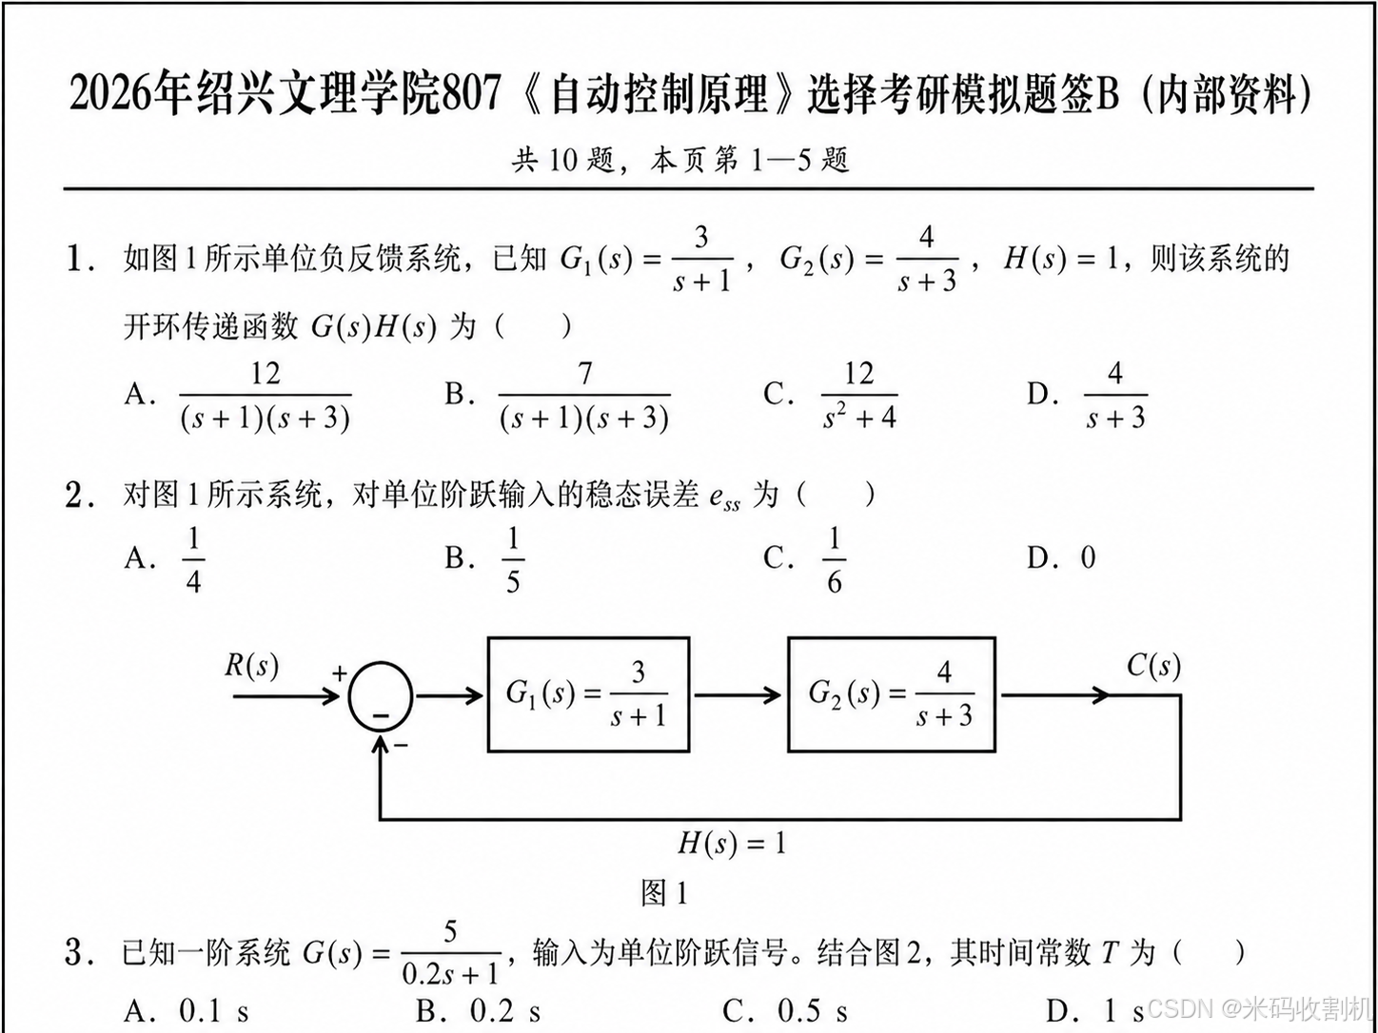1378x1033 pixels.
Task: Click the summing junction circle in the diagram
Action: (381, 696)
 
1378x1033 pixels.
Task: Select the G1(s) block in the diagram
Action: (588, 695)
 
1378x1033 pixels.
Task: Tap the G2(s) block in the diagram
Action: (891, 695)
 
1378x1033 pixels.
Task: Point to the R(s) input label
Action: (251, 666)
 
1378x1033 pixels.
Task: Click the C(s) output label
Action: (1153, 666)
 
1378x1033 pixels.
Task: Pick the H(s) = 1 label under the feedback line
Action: (731, 843)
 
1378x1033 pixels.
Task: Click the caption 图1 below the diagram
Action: (664, 892)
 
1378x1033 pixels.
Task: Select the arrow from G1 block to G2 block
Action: (738, 696)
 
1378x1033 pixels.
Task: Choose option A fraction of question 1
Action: (265, 396)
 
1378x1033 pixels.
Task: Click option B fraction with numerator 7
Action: (584, 396)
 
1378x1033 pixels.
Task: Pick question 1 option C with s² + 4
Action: (858, 396)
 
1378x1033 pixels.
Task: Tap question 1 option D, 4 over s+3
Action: (1115, 396)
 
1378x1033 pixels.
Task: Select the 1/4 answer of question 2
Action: (193, 559)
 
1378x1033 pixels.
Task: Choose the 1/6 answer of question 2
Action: (834, 559)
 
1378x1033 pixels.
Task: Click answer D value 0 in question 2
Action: (1088, 557)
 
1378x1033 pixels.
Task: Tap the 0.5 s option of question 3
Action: (812, 1011)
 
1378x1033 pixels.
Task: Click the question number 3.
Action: (77, 951)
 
